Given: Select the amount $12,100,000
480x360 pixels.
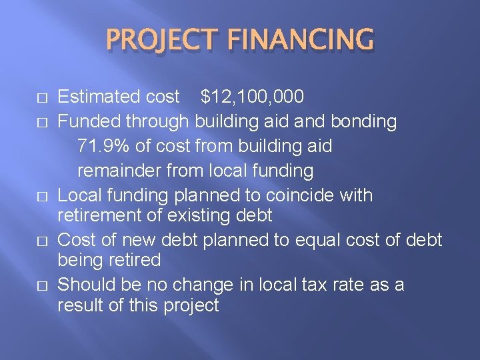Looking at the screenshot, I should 253,97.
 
